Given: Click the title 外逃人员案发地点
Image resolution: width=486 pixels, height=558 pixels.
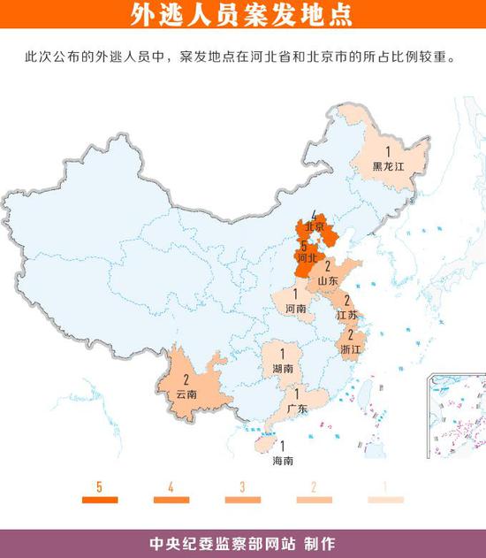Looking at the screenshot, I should click(x=242, y=15).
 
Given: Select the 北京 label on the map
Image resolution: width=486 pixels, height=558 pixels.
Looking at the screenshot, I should click(x=315, y=226).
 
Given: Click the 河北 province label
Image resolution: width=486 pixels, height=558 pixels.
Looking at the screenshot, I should click(x=308, y=258).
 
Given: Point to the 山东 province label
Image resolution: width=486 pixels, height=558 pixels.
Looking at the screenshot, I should click(x=328, y=280).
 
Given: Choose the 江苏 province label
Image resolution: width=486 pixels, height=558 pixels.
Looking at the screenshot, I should click(x=347, y=314).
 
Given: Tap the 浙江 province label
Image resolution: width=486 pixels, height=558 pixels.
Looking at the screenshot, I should click(x=351, y=349).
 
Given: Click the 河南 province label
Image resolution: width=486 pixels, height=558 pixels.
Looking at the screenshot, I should click(x=296, y=310).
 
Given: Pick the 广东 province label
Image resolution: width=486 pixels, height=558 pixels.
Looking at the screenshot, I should click(x=297, y=408).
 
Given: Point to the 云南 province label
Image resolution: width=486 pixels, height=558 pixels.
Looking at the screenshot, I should click(x=186, y=394).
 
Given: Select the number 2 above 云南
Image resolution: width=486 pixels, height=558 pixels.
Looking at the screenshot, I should click(x=186, y=381).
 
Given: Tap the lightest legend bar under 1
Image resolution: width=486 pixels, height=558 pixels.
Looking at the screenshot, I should click(x=385, y=501).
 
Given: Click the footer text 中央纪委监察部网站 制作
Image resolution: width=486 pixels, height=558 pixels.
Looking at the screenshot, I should click(x=242, y=542).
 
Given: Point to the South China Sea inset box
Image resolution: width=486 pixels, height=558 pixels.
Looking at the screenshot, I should click(x=456, y=416).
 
